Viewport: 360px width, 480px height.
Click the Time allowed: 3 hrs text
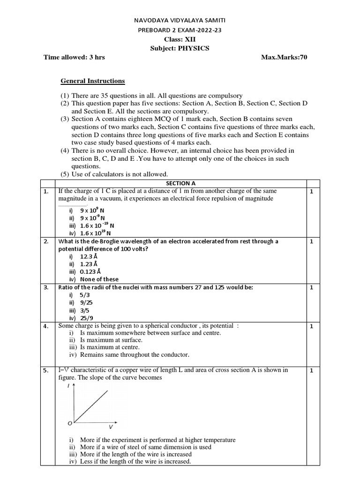tap(74, 57)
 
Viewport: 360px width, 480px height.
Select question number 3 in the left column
tap(46, 287)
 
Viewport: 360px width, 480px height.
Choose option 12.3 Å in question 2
tap(89, 257)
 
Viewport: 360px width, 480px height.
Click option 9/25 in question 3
tap(88, 302)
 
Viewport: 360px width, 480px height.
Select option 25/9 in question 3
tap(88, 317)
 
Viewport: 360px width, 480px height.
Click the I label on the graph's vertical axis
tap(69, 386)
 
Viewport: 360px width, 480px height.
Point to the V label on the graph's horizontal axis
tap(111, 427)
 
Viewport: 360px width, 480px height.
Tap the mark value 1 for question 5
tap(312, 370)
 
